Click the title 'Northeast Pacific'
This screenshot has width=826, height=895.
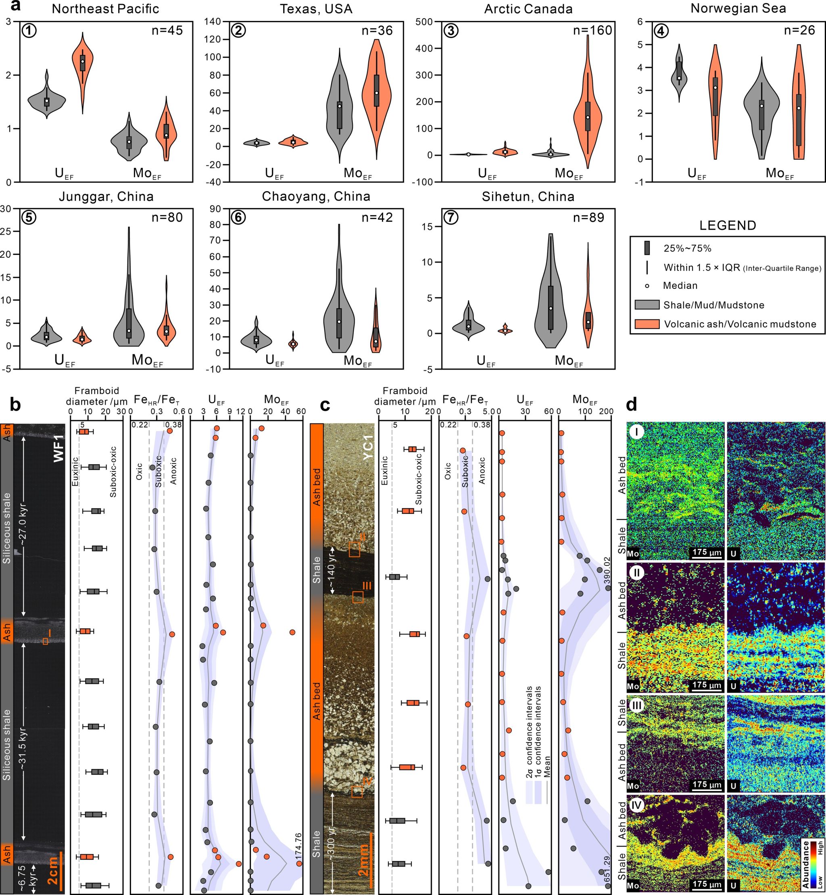tap(106, 8)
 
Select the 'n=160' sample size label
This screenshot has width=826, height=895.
tap(592, 30)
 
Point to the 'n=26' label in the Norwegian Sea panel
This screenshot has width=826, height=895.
tap(800, 30)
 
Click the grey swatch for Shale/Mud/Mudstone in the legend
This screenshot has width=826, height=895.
tap(647, 305)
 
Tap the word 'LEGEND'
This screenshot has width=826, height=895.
tap(728, 225)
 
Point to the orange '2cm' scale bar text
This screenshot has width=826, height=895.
tap(53, 870)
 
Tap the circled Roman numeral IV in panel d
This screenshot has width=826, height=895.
tap(636, 805)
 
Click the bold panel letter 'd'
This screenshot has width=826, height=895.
tap(632, 405)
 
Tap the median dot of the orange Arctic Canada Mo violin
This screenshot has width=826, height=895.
tap(588, 117)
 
